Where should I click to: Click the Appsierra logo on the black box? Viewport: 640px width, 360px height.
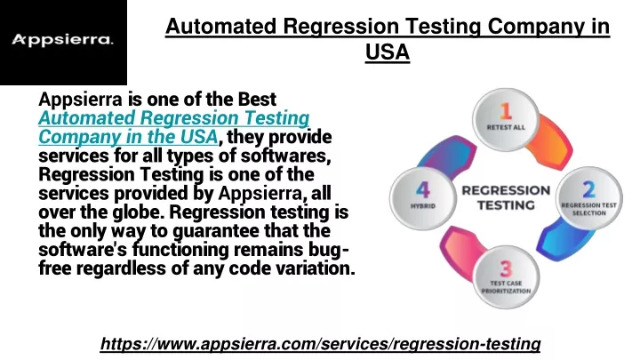pos(62,40)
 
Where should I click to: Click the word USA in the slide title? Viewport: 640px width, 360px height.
pos(388,52)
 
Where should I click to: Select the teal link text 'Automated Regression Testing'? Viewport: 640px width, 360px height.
pos(174,118)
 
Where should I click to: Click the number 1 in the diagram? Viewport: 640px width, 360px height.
pos(506,111)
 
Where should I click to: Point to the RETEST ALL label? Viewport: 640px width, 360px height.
pos(506,127)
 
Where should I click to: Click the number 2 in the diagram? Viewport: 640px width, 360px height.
pos(588,189)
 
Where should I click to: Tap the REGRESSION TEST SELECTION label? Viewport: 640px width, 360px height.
pos(588,209)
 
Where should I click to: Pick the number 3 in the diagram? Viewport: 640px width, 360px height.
pos(506,269)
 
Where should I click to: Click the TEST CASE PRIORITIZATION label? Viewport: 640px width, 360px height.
pos(506,287)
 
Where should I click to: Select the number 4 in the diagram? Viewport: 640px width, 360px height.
pos(423,190)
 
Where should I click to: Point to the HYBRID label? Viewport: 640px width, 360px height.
pos(423,206)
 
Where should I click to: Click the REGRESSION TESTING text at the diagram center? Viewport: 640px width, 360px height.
pos(506,197)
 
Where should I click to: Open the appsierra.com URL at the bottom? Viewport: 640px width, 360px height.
pos(320,344)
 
